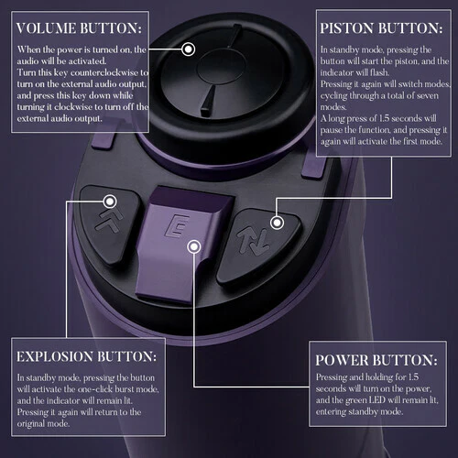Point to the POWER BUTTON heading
tap(374, 359)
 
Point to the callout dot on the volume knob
tap(189, 49)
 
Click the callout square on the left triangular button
tap(110, 198)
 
